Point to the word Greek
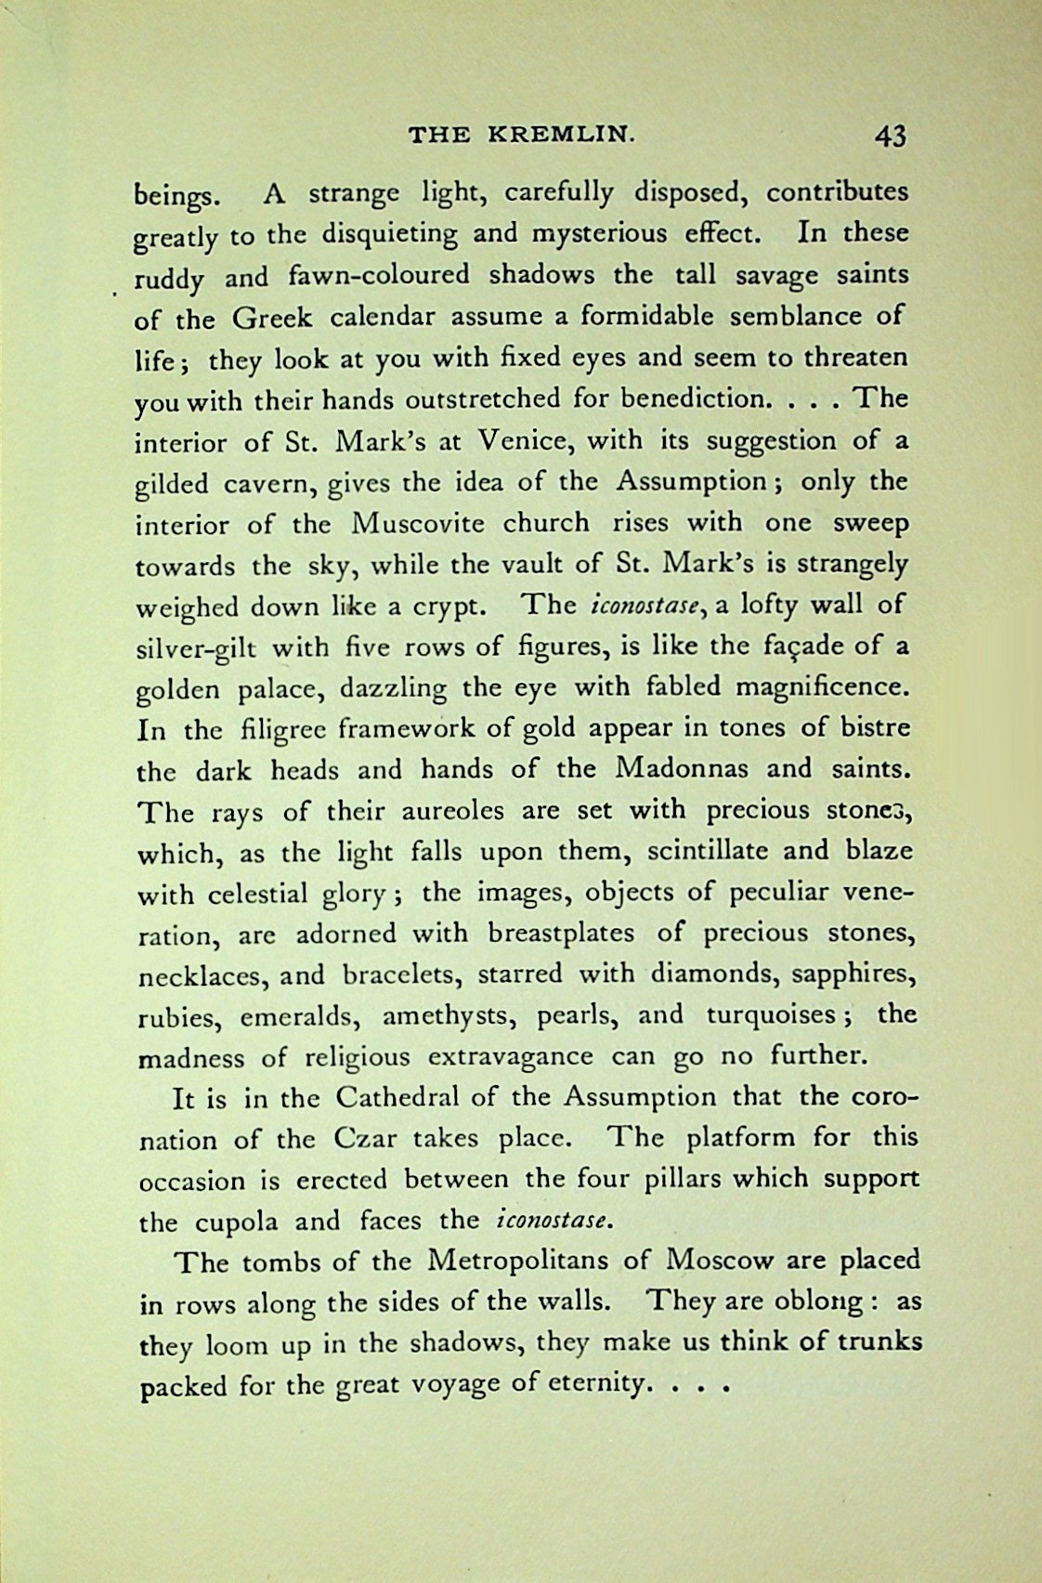[272, 318]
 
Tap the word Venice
[515, 440]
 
